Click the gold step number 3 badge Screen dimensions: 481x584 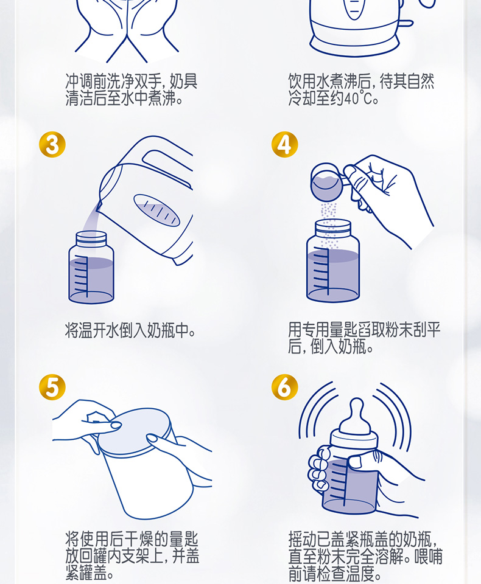pos(52,145)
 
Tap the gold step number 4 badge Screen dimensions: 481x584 pos(284,145)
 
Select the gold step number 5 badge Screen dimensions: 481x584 pos(52,388)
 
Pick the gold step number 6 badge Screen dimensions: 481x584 pos(284,388)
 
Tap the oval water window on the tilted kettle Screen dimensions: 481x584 pos(156,210)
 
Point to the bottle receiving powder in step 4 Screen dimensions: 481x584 pos(333,261)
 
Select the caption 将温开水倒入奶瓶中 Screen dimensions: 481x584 pos(130,330)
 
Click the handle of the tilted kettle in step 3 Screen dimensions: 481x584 pos(166,164)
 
